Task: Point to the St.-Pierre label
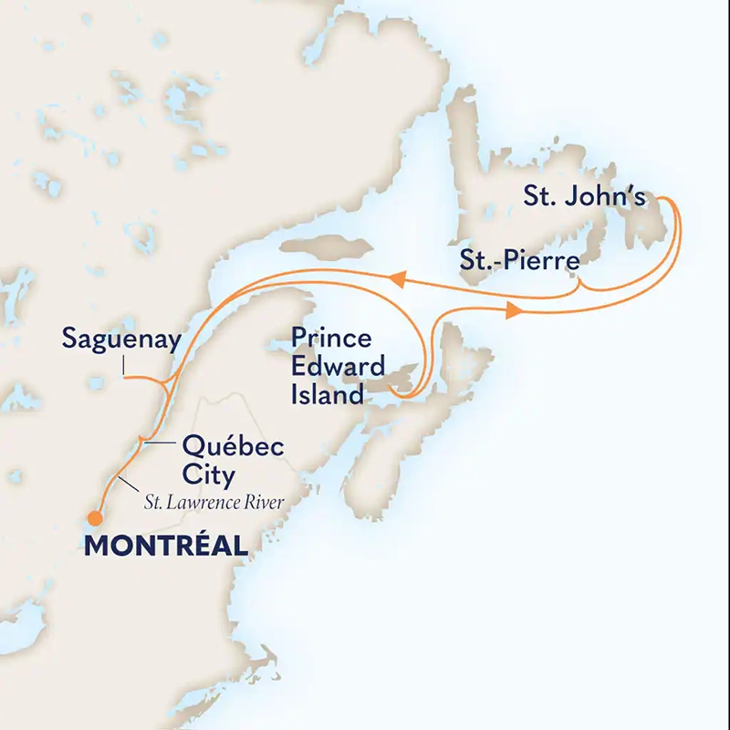pyautogui.click(x=519, y=263)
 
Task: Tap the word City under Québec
pyautogui.click(x=209, y=475)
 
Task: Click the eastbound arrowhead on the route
pyautogui.click(x=513, y=312)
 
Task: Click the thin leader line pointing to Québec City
pyautogui.click(x=158, y=443)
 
